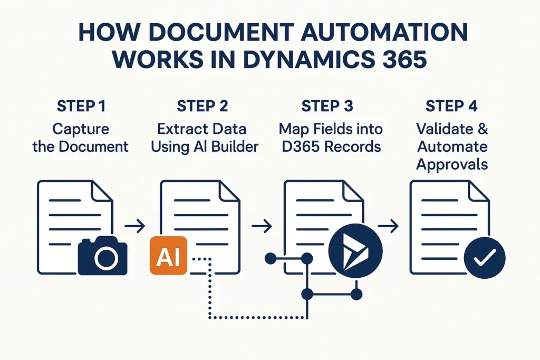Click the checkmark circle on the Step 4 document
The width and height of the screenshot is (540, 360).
(x=484, y=257)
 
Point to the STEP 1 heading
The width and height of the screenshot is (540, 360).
(x=80, y=106)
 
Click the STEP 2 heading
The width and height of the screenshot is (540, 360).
(x=202, y=106)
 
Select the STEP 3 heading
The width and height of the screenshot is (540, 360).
(x=327, y=106)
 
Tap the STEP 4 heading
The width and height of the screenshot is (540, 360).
(x=451, y=106)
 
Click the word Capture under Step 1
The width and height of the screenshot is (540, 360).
(x=80, y=129)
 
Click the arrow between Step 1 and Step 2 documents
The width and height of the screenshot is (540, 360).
(x=137, y=227)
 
